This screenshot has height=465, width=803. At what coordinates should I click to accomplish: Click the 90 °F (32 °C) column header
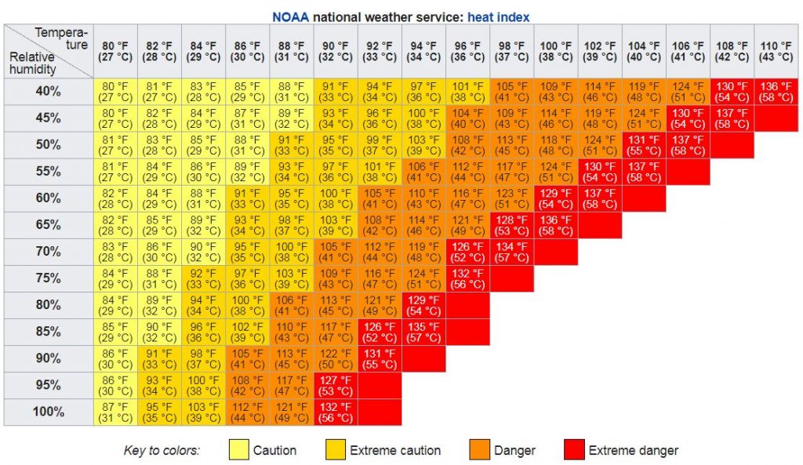(x=336, y=52)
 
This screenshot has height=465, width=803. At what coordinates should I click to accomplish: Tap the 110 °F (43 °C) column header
(x=776, y=52)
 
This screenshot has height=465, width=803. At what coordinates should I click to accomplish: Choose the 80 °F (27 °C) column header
(x=115, y=52)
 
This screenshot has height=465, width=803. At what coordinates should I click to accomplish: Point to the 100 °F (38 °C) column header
(x=556, y=52)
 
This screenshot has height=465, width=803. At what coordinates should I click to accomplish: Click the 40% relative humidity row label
(x=48, y=92)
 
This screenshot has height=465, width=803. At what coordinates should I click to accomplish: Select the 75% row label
(x=48, y=278)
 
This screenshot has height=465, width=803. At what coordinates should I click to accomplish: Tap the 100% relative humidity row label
(x=48, y=412)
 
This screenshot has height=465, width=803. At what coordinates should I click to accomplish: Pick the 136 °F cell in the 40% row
(x=776, y=92)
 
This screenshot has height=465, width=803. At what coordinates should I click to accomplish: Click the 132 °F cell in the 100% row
(x=336, y=412)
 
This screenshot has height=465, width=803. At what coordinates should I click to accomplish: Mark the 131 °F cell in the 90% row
(x=380, y=358)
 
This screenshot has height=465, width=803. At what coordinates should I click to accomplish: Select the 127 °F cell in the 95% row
(x=336, y=385)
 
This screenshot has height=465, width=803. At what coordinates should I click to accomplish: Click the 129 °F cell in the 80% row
(x=423, y=305)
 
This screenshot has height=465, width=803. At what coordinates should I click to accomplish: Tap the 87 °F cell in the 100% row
(x=115, y=412)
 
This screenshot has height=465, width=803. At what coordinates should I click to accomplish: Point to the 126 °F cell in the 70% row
(x=467, y=252)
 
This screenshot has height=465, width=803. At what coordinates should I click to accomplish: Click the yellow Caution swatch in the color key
(x=238, y=450)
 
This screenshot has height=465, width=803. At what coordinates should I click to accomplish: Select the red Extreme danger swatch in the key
(x=573, y=450)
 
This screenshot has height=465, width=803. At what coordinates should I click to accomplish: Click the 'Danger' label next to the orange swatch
(x=514, y=450)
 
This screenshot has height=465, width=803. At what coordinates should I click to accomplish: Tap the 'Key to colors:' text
(x=162, y=450)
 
